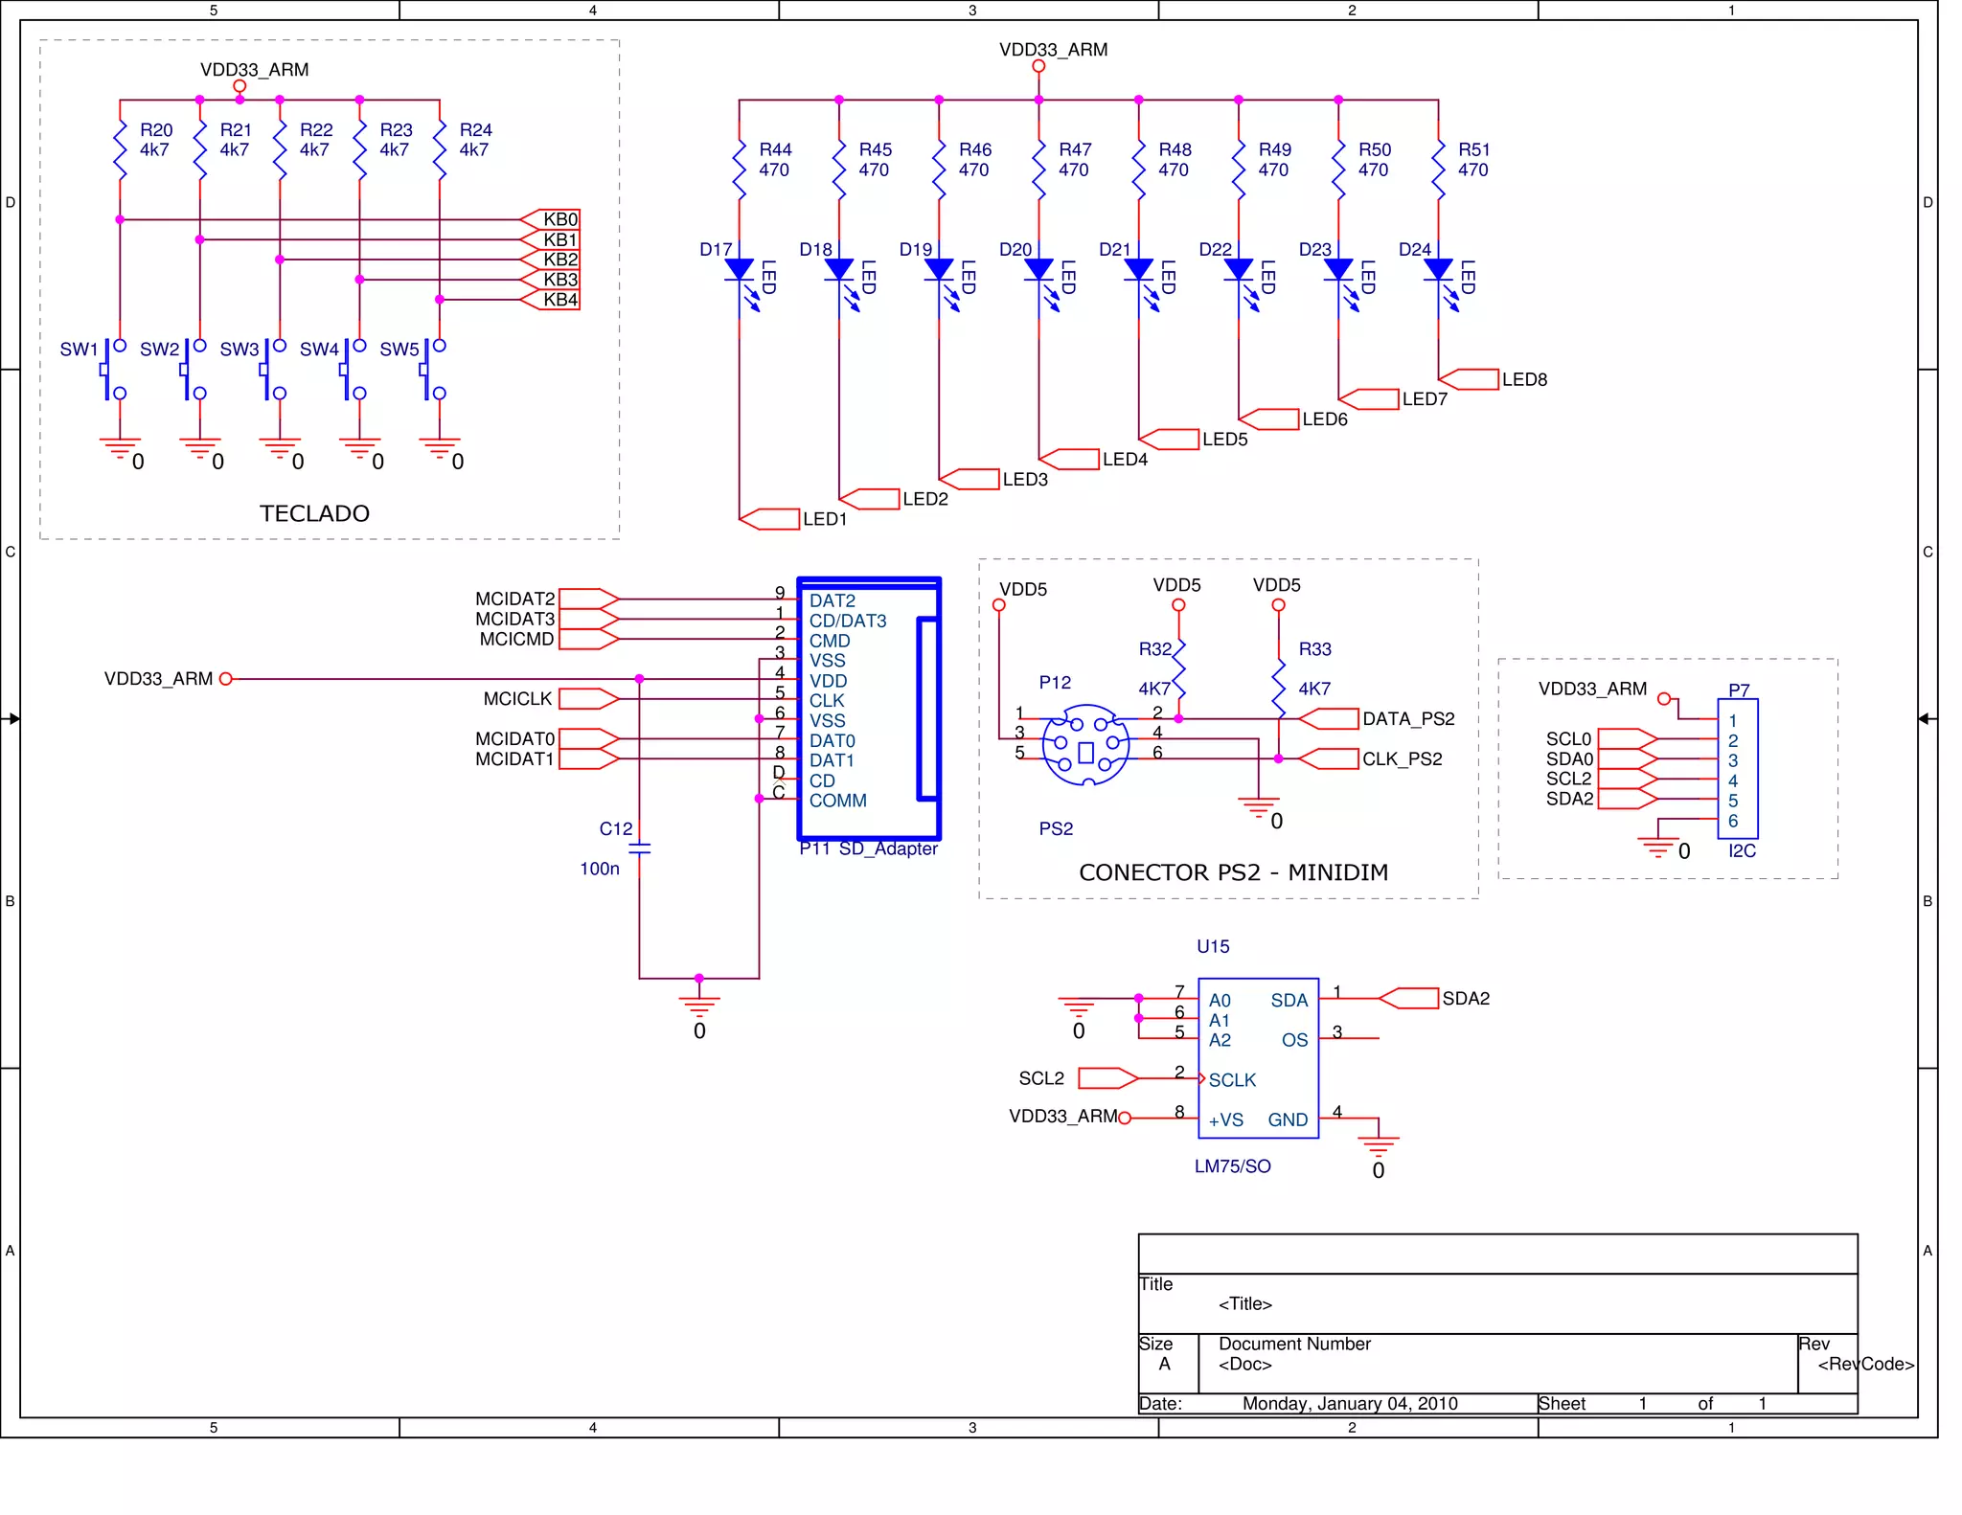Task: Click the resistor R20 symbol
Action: pos(120,148)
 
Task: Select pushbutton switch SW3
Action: pos(272,370)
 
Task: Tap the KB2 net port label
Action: pos(550,260)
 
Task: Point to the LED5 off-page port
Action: pos(1169,440)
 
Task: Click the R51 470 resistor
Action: pos(1438,170)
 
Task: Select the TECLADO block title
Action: pos(314,513)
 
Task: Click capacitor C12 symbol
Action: pos(639,848)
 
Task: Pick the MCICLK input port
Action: pos(588,699)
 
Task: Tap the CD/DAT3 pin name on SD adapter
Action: pos(847,621)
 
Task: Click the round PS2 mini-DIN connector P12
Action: pos(1085,745)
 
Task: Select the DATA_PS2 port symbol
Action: pos(1330,719)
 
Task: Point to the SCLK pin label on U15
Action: pos(1231,1080)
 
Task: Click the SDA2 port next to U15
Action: pos(1409,999)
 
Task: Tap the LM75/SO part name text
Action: pos(1232,1166)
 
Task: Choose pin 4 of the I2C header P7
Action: pos(1732,781)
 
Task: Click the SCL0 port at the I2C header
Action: pos(1627,739)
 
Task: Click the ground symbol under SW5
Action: pos(440,448)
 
